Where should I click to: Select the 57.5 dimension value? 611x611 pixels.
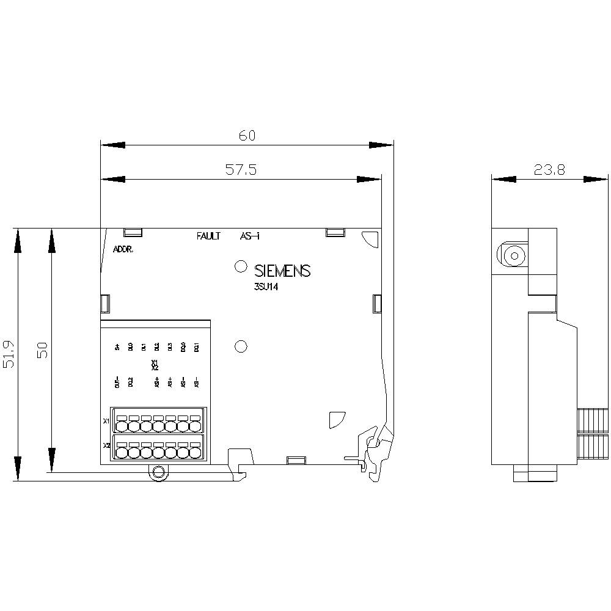click(x=241, y=170)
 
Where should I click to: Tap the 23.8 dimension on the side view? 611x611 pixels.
click(x=549, y=170)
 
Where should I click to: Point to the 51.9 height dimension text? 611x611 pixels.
click(x=9, y=355)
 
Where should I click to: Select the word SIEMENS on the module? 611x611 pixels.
click(x=282, y=271)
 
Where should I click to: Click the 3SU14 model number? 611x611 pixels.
click(x=266, y=291)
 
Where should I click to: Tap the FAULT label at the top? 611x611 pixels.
click(x=208, y=236)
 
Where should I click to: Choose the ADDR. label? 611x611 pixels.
click(x=123, y=249)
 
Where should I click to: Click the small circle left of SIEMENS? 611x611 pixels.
click(x=240, y=266)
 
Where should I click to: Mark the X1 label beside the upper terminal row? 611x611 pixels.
click(x=106, y=421)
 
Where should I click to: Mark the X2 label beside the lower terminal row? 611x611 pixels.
click(x=106, y=445)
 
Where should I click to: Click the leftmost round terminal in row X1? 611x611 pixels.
click(x=120, y=426)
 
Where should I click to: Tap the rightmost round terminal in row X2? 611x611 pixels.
click(x=195, y=452)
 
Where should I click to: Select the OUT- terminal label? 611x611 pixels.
click(x=117, y=383)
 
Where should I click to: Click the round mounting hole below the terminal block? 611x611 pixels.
click(x=159, y=472)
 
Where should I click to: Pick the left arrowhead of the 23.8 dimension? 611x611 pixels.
click(x=503, y=179)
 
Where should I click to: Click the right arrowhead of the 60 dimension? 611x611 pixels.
click(x=381, y=145)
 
